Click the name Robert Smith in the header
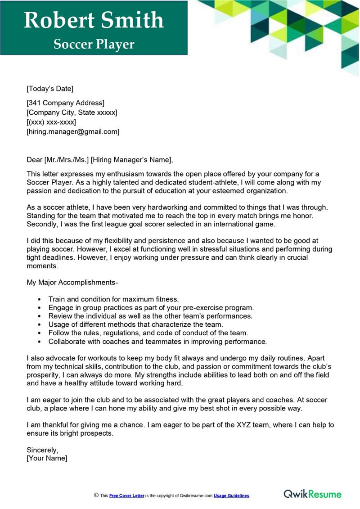tap(94, 20)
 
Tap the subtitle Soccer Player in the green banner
tap(94, 44)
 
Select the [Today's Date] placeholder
tap(50, 88)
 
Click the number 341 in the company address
tap(36, 104)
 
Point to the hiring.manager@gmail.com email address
tap(73, 131)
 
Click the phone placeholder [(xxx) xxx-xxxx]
tap(51, 122)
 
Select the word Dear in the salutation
tap(34, 159)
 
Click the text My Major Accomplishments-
tap(72, 282)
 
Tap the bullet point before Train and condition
tap(40, 299)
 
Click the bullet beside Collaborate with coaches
tap(40, 342)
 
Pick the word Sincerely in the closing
tap(42, 450)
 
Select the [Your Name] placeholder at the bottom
tap(47, 458)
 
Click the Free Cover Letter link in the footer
tap(127, 495)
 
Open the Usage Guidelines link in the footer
tap(231, 495)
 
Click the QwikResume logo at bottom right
tap(312, 494)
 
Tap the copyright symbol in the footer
tap(96, 495)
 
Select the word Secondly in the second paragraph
tap(42, 224)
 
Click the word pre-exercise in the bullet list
tap(199, 307)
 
